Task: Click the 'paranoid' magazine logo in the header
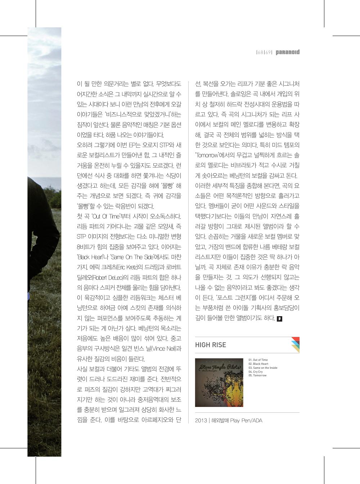(287, 52)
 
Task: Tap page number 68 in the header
(260, 53)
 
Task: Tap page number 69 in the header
(268, 53)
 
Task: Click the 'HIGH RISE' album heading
(211, 345)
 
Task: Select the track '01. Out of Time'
(258, 360)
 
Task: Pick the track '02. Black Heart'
(258, 364)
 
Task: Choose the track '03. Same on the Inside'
(263, 368)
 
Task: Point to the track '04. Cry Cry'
(256, 372)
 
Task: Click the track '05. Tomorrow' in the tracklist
(257, 376)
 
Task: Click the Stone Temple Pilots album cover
(219, 382)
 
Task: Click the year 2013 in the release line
(201, 420)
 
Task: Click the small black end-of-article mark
(280, 319)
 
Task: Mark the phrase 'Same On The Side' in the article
(132, 257)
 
